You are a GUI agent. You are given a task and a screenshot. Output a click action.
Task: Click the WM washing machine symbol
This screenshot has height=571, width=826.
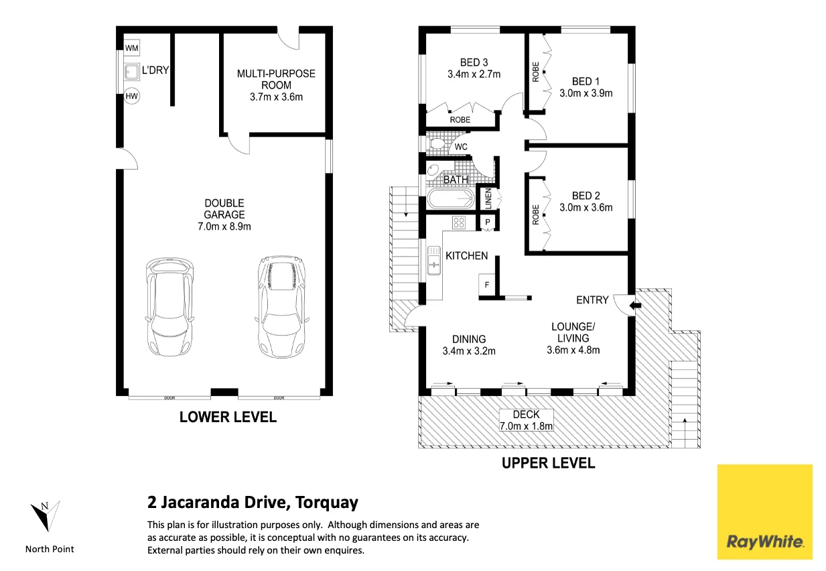point(132,48)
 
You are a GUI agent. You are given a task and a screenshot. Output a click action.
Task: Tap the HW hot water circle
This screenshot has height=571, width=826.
point(132,97)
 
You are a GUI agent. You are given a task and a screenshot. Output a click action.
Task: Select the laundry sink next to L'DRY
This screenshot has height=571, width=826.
point(132,72)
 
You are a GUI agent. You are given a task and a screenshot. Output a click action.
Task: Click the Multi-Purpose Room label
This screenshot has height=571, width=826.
point(276,79)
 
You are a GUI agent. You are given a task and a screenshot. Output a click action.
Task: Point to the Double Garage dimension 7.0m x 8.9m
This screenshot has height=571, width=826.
point(224,226)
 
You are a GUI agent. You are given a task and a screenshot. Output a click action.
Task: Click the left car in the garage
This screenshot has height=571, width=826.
point(169,307)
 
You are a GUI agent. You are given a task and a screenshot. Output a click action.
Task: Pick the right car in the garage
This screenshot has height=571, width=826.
point(282,307)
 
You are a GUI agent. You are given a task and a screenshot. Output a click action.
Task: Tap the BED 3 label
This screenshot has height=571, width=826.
point(474,62)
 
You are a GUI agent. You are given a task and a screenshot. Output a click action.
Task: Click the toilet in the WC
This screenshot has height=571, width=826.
point(436,144)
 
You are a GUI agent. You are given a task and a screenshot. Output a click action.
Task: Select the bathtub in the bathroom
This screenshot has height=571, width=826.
point(451,199)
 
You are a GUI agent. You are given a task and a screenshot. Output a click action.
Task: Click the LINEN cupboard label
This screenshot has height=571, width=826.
point(488,198)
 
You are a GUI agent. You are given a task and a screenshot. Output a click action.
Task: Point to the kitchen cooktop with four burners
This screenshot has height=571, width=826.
point(459,223)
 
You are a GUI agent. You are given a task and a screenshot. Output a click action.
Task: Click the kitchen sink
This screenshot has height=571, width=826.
point(434,261)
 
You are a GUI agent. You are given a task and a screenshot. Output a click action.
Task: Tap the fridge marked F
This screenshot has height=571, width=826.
point(487,285)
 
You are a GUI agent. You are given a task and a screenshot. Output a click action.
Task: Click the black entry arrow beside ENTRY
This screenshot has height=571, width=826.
point(635,306)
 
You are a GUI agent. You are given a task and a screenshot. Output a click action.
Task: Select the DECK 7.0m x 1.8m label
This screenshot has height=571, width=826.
point(526,420)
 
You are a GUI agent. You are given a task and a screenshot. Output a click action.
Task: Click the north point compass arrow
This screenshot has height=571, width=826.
point(46,516)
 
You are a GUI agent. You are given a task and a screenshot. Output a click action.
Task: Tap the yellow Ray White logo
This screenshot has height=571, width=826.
point(765,512)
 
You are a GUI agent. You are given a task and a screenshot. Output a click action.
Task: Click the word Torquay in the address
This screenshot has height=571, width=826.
point(327,503)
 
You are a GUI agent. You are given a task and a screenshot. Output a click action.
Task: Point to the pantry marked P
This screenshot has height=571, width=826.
point(488,222)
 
